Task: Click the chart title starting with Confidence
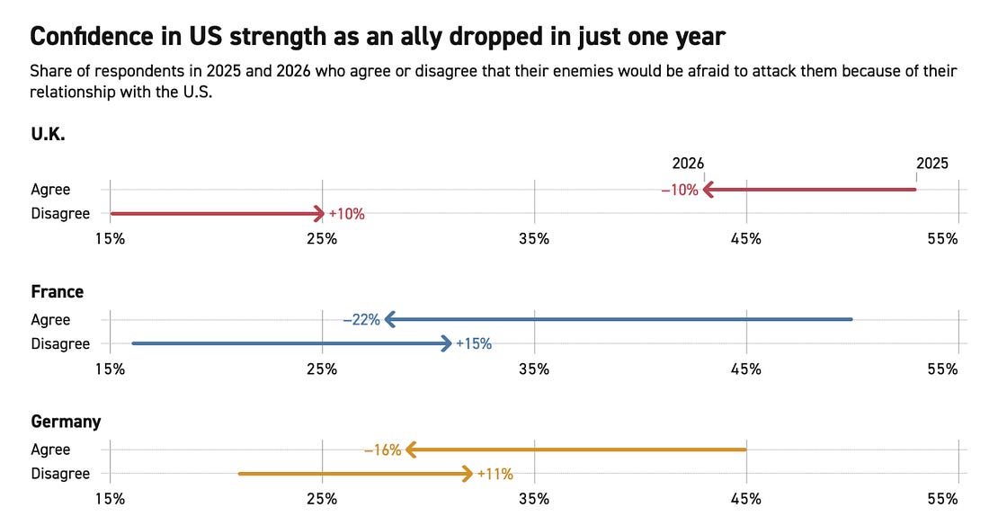coord(378,37)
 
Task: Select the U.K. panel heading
coord(48,135)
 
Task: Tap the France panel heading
coord(57,291)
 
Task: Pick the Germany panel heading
coord(66,422)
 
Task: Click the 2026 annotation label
coord(688,164)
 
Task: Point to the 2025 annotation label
coord(931,164)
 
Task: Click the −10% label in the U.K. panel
coord(679,190)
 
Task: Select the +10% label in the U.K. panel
coord(346,214)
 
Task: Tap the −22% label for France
coord(361,319)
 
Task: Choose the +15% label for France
coord(474,343)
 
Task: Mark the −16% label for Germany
coord(382,449)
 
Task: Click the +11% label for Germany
coord(494,474)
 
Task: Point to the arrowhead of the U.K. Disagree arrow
coord(319,214)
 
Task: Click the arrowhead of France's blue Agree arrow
coord(388,319)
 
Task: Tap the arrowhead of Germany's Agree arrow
coord(410,449)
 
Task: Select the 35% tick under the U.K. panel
coord(534,238)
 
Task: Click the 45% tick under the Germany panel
coord(745,498)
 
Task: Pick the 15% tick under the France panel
coord(110,369)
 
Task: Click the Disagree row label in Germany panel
coord(60,474)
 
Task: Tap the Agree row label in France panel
coord(50,319)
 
